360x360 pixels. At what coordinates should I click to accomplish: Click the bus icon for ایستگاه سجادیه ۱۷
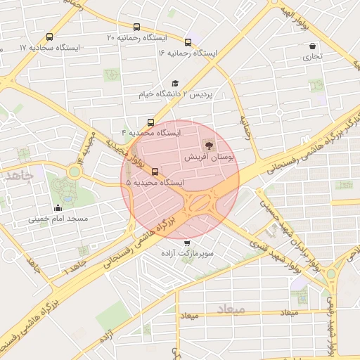pos(49,37)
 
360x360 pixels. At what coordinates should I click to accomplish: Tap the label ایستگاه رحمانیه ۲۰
pos(140,37)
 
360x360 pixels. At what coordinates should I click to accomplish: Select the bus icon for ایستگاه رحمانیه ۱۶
pos(188,42)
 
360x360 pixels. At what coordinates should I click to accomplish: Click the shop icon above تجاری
pos(311,46)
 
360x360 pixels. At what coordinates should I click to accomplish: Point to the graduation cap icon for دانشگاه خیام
pos(174,83)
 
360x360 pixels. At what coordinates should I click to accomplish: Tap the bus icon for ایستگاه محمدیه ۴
pos(151,122)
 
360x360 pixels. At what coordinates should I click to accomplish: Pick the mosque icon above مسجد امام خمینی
pos(58,207)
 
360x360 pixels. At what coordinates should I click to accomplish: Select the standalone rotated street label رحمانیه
pos(246,127)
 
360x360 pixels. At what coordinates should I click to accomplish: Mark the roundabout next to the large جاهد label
pos(75,172)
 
